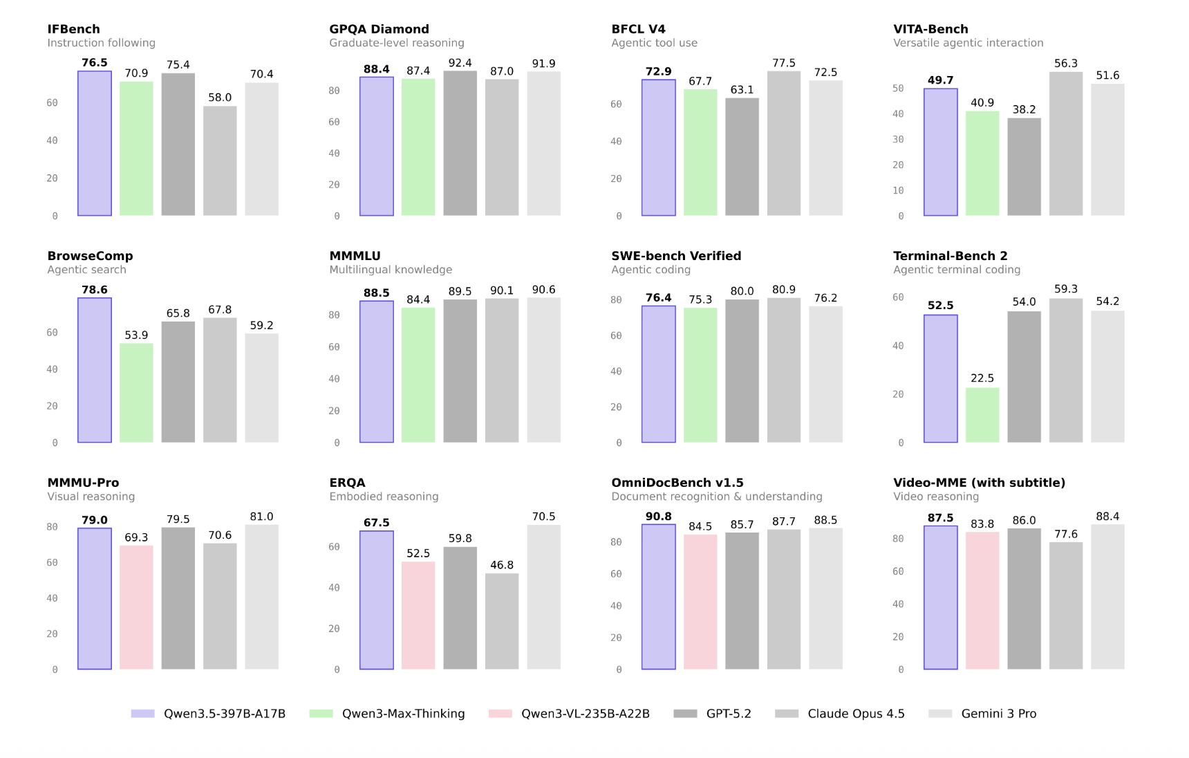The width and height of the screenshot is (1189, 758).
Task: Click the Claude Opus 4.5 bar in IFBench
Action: pos(220,160)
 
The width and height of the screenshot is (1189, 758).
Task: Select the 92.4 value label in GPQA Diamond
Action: pos(460,63)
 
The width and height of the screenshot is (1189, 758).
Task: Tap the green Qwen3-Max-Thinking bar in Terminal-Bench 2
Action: pos(982,415)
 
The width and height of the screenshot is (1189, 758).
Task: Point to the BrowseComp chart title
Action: pos(90,256)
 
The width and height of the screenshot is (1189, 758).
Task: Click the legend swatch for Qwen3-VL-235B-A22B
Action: pos(500,714)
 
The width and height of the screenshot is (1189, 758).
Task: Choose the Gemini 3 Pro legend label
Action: pos(998,714)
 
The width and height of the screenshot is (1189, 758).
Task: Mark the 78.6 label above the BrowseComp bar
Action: pos(95,290)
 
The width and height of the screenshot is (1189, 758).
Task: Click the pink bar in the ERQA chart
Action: pos(418,616)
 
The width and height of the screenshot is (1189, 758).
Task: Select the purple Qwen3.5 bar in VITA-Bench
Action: pos(940,152)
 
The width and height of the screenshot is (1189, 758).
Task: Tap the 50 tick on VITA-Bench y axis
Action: pos(898,89)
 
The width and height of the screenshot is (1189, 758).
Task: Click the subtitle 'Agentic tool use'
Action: pos(654,43)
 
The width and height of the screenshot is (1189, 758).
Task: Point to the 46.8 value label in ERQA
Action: pos(502,565)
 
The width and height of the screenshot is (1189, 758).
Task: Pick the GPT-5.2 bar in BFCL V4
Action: pos(742,157)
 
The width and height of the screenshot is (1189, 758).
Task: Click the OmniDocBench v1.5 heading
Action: pos(677,483)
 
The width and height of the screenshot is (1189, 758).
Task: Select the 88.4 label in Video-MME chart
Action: pos(1107,517)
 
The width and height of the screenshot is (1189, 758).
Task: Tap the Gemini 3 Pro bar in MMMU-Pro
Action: pos(261,597)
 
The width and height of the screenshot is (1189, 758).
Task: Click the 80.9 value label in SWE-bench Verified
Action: pos(784,290)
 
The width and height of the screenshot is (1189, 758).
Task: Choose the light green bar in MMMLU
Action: pos(418,375)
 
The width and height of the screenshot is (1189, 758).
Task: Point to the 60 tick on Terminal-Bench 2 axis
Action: pos(898,297)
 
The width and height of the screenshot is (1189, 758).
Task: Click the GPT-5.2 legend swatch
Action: pos(685,714)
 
